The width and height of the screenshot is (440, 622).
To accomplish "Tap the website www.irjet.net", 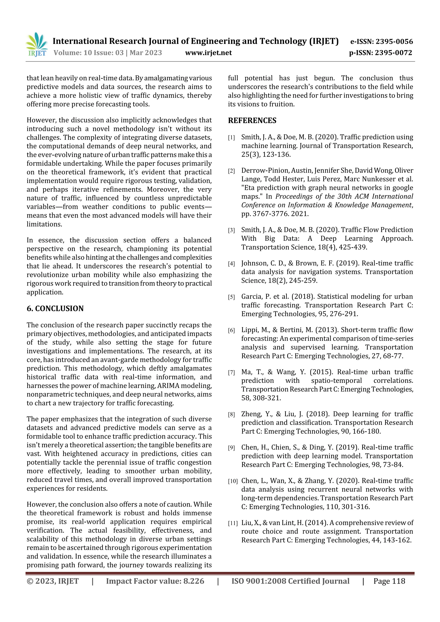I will (x=208, y=53).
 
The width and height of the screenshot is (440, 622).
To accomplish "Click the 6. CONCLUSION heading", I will (x=55, y=309).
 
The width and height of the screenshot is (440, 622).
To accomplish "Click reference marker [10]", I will (x=233, y=481).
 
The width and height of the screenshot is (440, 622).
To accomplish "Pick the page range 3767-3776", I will (x=269, y=214).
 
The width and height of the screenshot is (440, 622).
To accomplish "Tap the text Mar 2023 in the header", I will (x=146, y=53).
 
